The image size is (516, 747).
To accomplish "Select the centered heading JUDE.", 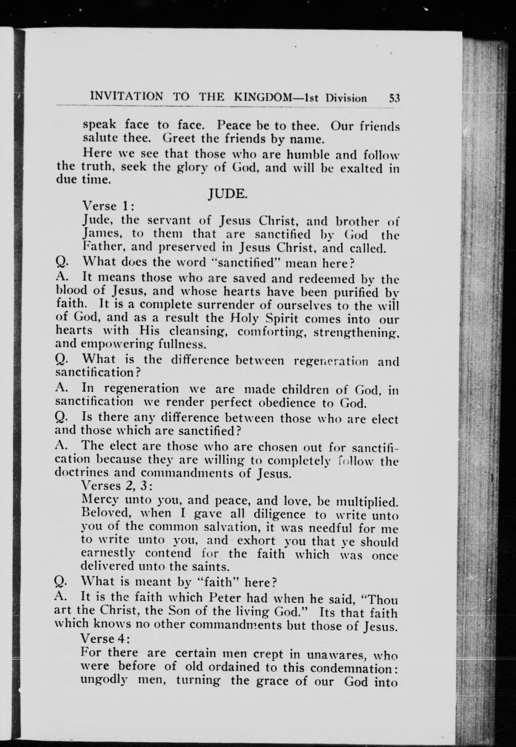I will tap(228, 193).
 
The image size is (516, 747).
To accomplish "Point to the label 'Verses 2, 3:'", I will tap(117, 485).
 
